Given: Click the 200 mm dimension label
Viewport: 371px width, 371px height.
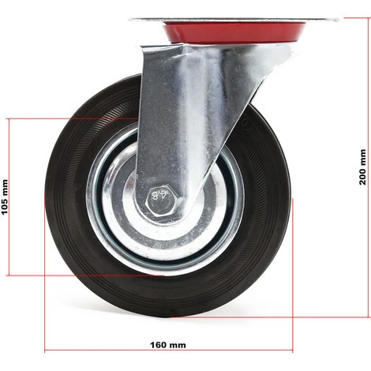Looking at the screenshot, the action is pos(362,167).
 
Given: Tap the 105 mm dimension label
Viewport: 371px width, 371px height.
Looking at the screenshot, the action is pos(5,197).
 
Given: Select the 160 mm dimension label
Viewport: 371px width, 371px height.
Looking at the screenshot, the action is pos(168,345).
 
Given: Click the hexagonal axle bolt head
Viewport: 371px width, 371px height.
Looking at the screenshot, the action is pos(161,202).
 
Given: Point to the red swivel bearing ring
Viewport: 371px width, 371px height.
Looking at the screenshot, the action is pos(234,32).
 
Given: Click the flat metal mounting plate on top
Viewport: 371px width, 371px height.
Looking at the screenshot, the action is pos(235,21).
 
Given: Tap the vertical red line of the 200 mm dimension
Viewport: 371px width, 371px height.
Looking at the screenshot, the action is pos(369,167).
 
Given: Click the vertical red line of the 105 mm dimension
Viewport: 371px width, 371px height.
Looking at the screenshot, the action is pos(9,197).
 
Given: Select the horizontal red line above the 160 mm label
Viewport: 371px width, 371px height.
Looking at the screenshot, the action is pos(169,350).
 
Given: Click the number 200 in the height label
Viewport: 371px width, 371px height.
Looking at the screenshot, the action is pos(362,177).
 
